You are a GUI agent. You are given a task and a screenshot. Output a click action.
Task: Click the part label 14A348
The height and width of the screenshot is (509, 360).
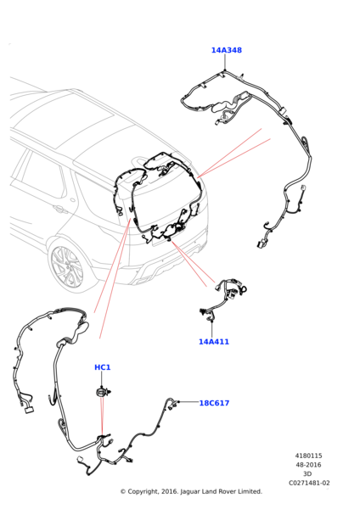(227, 50)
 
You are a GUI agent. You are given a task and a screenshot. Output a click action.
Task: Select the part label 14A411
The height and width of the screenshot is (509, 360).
(214, 342)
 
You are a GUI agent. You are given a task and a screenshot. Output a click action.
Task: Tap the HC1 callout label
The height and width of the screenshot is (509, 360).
(103, 367)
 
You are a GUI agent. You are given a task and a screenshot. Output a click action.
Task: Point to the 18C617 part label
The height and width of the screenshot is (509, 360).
(214, 403)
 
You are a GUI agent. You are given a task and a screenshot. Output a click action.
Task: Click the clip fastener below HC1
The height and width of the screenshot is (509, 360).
(104, 392)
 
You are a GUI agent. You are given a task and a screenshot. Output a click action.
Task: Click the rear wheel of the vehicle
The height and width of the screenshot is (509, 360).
(67, 268)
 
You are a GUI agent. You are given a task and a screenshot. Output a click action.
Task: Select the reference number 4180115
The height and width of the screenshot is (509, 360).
(308, 456)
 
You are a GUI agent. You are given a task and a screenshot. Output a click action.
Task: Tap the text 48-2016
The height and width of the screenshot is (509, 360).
(308, 465)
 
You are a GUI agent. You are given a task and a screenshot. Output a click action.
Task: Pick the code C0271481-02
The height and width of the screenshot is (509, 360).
(309, 483)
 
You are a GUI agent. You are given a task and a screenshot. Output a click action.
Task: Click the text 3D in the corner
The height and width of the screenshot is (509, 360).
(307, 474)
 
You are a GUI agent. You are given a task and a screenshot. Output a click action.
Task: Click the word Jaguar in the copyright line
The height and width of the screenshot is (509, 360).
(190, 492)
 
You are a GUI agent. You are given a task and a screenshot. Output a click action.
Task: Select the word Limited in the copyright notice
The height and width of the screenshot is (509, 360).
(250, 491)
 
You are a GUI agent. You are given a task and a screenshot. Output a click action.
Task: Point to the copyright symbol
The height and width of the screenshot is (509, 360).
(123, 492)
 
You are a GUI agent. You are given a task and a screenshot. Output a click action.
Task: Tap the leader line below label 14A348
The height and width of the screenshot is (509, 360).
(225, 62)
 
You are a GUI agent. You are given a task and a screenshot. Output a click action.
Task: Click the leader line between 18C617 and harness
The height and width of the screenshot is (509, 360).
(188, 402)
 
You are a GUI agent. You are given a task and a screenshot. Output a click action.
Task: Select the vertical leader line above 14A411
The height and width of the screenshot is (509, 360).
(212, 329)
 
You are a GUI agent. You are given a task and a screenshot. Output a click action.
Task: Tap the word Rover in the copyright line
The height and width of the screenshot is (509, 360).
(227, 491)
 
